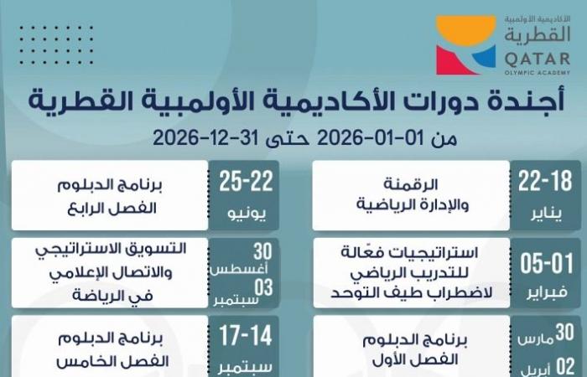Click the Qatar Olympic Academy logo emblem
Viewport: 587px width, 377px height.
[466, 44]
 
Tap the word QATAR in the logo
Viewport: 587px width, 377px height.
[537, 55]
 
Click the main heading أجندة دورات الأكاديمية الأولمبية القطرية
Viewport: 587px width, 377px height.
[295, 103]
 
